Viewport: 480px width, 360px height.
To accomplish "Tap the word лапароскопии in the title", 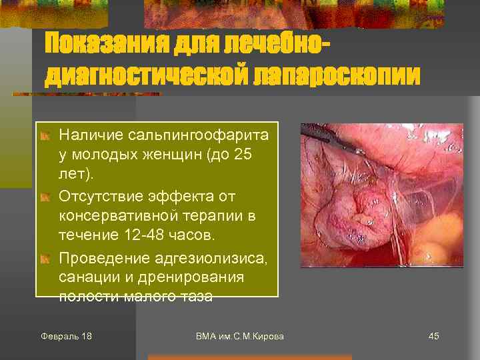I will [337, 75].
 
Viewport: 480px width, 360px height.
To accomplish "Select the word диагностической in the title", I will [146, 75].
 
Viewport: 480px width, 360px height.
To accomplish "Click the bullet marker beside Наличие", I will [45, 136].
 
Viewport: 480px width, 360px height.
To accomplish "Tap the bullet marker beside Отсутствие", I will [45, 197].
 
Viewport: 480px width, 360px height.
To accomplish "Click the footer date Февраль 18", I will [66, 336].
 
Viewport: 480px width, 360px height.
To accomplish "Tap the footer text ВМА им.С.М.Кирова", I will [240, 336].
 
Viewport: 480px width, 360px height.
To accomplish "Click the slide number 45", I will [433, 336].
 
